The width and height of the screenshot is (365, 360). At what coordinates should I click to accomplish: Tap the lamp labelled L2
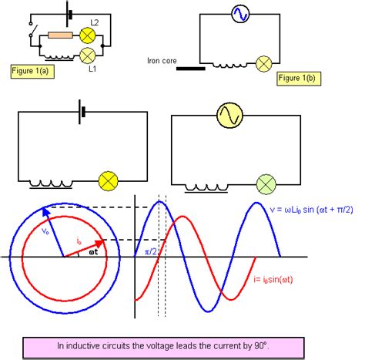pyautogui.click(x=87, y=35)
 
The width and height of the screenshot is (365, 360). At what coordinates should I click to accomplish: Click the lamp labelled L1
pyautogui.click(x=87, y=55)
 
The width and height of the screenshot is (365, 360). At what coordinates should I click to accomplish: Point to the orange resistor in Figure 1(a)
pyautogui.click(x=60, y=35)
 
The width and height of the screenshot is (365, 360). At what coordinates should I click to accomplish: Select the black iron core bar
pyautogui.click(x=190, y=67)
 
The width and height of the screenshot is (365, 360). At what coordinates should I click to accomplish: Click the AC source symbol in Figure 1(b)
pyautogui.click(x=239, y=13)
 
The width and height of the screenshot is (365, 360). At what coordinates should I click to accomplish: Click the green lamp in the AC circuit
pyautogui.click(x=266, y=183)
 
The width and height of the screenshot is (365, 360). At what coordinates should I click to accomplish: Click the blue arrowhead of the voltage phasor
pyautogui.click(x=47, y=210)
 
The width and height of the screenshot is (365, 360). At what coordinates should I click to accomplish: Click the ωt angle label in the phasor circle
pyautogui.click(x=93, y=251)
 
